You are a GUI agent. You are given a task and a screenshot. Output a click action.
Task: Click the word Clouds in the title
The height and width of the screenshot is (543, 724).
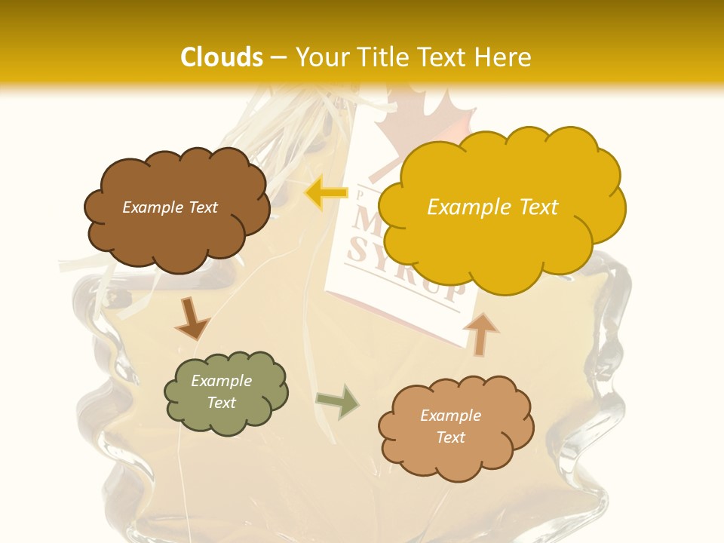pos(222,57)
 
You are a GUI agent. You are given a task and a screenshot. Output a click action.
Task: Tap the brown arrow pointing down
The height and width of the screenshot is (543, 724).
pos(192,318)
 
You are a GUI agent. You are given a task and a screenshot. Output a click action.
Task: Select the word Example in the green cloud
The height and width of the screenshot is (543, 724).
pos(221,381)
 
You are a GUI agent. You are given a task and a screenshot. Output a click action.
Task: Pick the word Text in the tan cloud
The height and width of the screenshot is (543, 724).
pos(450,437)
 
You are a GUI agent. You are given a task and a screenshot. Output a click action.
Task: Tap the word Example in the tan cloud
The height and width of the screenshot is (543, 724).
pos(450,416)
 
